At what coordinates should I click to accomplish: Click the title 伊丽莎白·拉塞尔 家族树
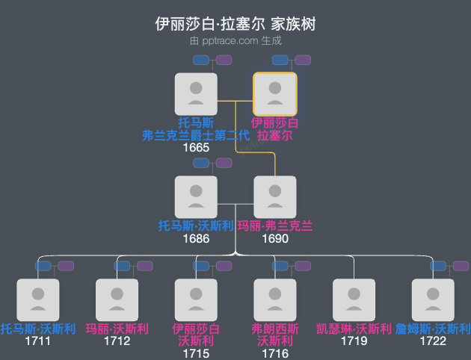click(x=235, y=24)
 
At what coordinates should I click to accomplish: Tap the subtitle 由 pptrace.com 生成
click(x=235, y=41)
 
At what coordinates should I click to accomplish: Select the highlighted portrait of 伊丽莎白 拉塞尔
click(x=275, y=94)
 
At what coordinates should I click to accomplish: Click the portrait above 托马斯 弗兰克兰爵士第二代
click(x=196, y=94)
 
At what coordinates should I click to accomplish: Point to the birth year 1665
click(x=196, y=148)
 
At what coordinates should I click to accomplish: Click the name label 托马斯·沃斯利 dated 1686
click(x=196, y=226)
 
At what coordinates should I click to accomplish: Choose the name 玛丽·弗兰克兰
click(x=275, y=226)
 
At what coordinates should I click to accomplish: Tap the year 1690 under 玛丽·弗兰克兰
click(x=275, y=239)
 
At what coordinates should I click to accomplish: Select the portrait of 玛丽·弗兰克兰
click(x=275, y=197)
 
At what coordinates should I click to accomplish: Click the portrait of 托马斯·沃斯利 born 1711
click(x=38, y=300)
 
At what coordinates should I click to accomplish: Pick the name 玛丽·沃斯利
click(x=117, y=329)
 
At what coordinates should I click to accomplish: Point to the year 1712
click(x=117, y=341)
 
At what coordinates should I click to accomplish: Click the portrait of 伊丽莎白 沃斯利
click(x=196, y=300)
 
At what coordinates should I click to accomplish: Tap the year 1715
click(x=196, y=354)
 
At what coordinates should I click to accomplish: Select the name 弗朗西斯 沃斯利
click(x=275, y=335)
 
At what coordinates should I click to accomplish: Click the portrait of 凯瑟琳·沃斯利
click(x=354, y=300)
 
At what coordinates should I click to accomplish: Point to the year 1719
click(x=354, y=341)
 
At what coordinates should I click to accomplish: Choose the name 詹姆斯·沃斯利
click(x=433, y=329)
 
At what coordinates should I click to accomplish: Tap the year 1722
click(x=433, y=341)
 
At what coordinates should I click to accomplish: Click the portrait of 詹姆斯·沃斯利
click(x=433, y=300)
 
